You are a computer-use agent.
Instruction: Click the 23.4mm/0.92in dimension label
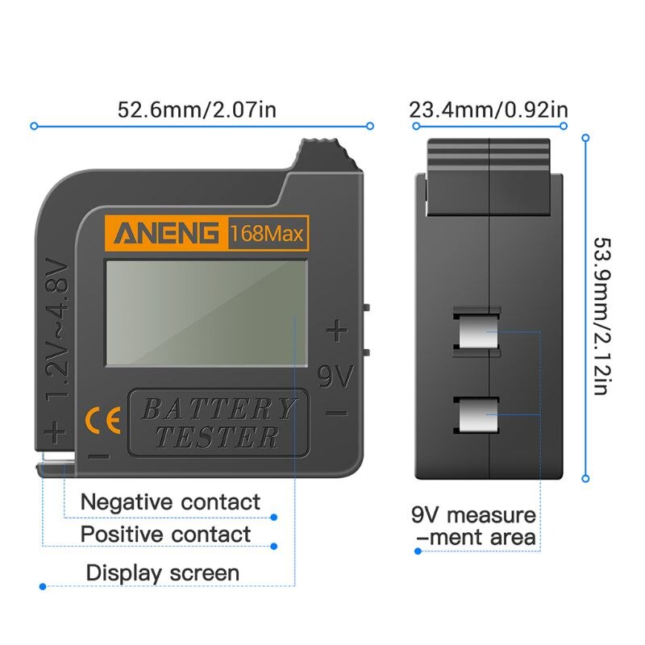tap(489, 110)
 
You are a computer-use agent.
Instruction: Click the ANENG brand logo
tap(166, 235)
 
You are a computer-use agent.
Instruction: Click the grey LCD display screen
tap(206, 311)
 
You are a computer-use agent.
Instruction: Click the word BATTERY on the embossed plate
tap(218, 409)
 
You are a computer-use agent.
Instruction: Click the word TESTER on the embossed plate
tap(218, 438)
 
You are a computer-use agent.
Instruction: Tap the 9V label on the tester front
tap(335, 376)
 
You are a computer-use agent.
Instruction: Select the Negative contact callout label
tap(170, 502)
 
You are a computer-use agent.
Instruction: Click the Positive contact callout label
tap(165, 534)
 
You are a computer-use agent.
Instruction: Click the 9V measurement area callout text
tap(473, 526)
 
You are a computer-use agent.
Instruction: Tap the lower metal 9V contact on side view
tap(478, 418)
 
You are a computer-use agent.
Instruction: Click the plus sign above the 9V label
tap(336, 331)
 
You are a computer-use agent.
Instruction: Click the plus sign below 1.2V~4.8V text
tap(55, 433)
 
